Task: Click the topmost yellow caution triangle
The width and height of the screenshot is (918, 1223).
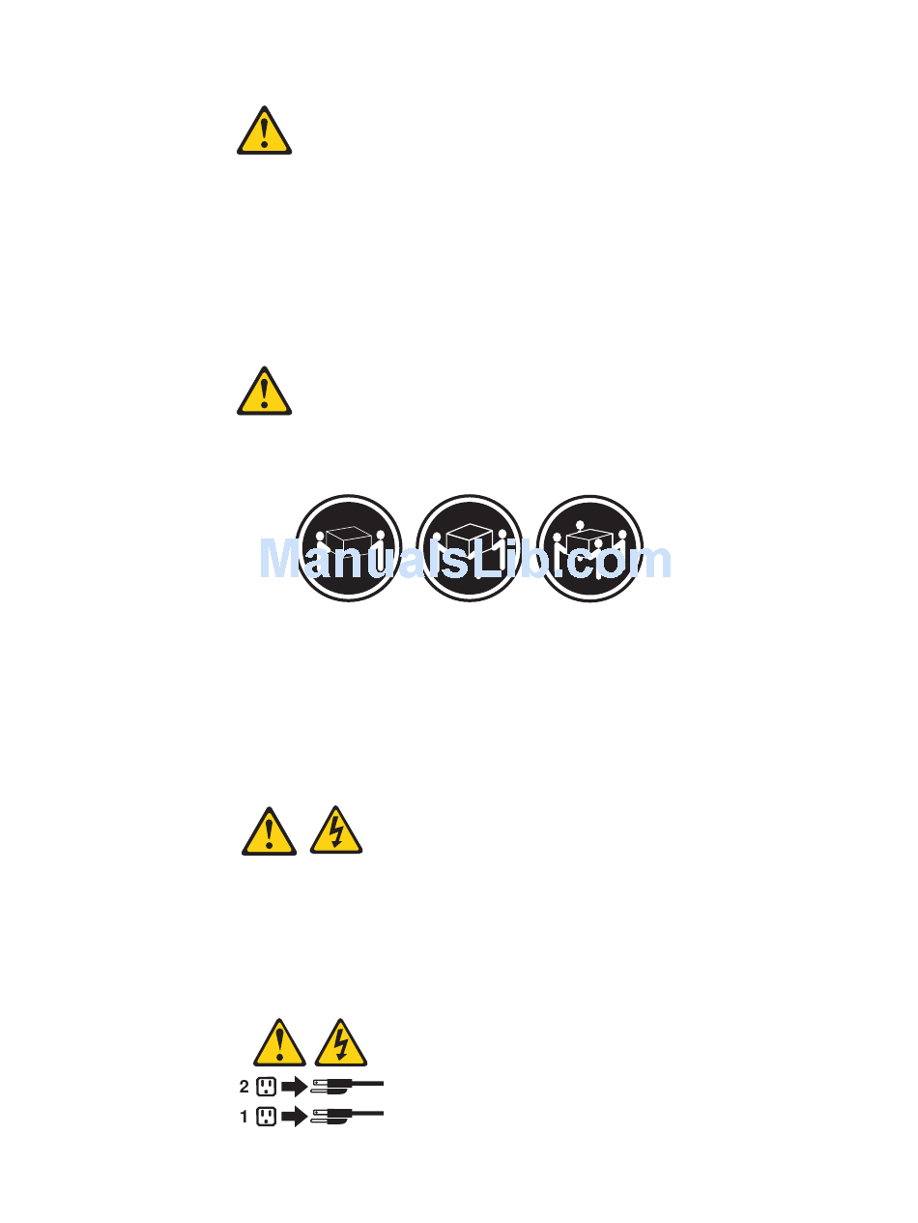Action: tap(264, 131)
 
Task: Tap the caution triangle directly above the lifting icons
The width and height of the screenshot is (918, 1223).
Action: tap(264, 392)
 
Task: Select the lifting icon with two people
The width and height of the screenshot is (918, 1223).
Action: tap(349, 548)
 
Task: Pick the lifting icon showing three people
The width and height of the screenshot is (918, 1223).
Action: tap(470, 548)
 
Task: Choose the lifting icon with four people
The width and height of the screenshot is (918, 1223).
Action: tap(590, 548)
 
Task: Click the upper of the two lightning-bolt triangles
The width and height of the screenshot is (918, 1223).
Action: tap(336, 831)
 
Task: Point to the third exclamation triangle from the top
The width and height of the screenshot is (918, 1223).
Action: tap(269, 831)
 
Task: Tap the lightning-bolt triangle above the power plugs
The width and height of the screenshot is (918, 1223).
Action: tap(341, 1043)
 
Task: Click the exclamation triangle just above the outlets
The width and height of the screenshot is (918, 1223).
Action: tap(279, 1043)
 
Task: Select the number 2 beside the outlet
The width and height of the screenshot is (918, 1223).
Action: tap(244, 1087)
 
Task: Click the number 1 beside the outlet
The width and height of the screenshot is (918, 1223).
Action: tap(244, 1117)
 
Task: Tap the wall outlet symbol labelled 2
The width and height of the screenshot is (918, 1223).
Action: tap(266, 1087)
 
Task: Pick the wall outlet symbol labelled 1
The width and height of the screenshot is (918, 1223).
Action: tap(266, 1117)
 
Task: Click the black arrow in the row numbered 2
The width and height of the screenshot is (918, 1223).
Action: tap(294, 1087)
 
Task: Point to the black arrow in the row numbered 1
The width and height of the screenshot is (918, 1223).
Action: tap(294, 1117)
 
